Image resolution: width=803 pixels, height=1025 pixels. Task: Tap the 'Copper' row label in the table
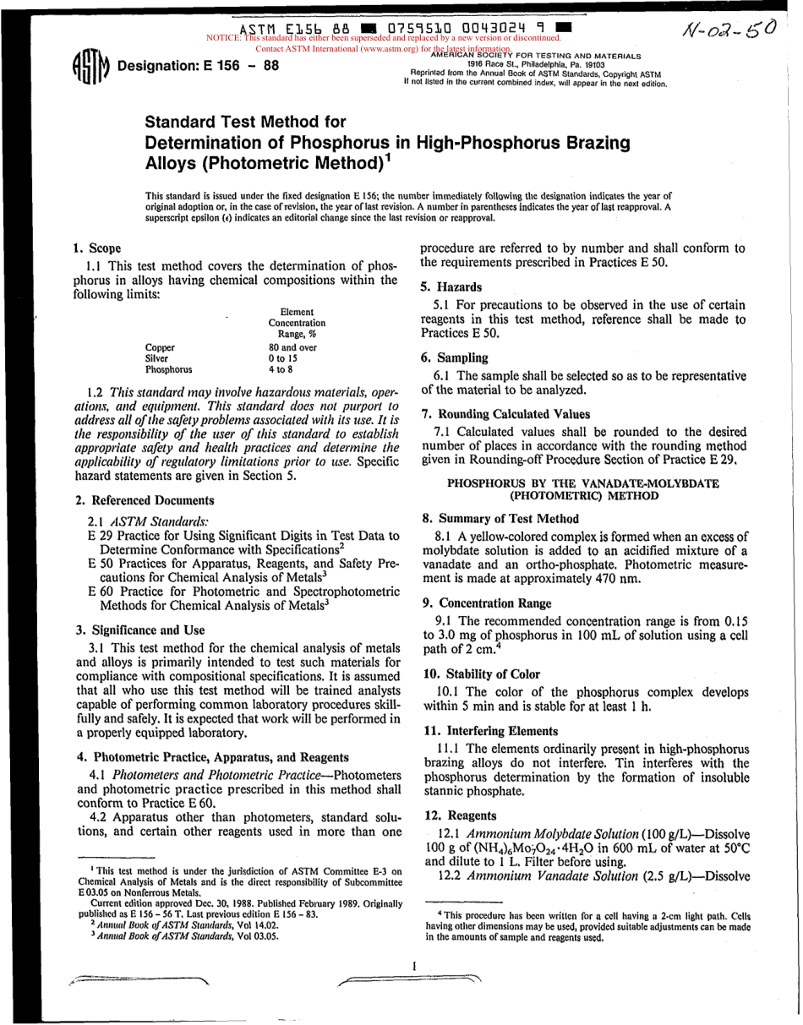pos(161,346)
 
